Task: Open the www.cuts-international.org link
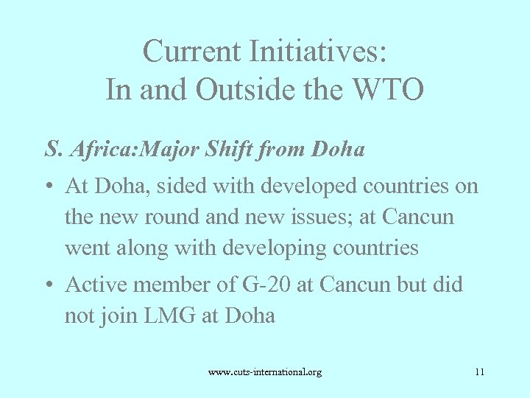[265, 372]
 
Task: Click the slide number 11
[480, 372]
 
